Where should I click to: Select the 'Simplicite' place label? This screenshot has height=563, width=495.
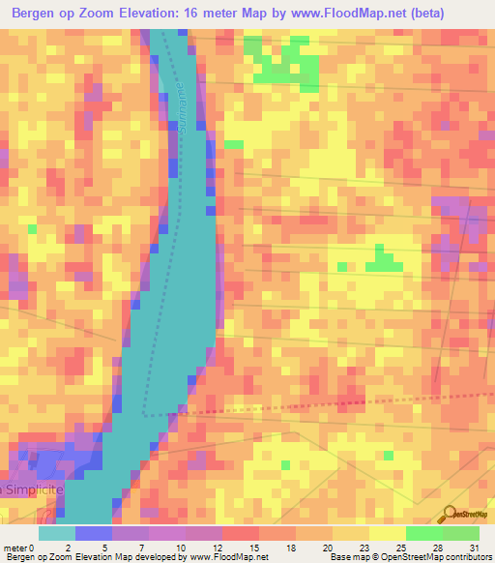(x=35, y=491)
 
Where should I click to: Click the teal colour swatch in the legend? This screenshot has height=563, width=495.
(x=57, y=533)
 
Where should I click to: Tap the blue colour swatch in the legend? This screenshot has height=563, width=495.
(x=94, y=533)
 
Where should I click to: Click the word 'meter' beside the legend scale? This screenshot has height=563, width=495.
(x=15, y=547)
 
